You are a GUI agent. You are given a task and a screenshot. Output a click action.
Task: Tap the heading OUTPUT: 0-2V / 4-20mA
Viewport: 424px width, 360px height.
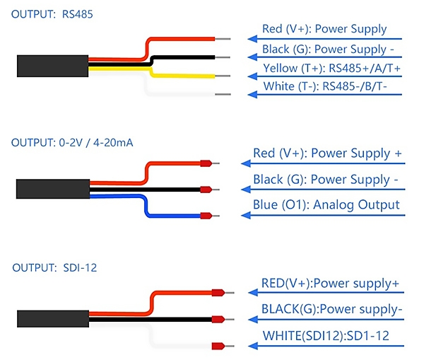pyautogui.click(x=72, y=142)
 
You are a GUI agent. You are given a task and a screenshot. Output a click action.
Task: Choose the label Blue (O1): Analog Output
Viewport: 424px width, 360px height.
pyautogui.click(x=326, y=204)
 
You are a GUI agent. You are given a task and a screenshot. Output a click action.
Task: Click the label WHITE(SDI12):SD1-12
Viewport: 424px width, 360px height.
pyautogui.click(x=325, y=336)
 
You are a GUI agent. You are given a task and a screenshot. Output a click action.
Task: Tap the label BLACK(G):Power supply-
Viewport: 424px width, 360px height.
pyautogui.click(x=332, y=309)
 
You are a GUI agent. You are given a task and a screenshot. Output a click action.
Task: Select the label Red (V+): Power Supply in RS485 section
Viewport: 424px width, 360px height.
pyautogui.click(x=324, y=29)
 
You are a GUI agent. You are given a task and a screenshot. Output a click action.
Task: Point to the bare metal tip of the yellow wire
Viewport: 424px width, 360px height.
pyautogui.click(x=223, y=76)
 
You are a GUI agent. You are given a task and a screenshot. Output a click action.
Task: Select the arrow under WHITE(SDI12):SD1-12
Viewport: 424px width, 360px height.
pyautogui.click(x=325, y=347)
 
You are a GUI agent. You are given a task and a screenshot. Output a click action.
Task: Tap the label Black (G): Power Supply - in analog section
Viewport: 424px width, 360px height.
pyautogui.click(x=325, y=179)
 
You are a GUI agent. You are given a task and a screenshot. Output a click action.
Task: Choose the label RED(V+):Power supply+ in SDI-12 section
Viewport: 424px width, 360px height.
pyautogui.click(x=330, y=284)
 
